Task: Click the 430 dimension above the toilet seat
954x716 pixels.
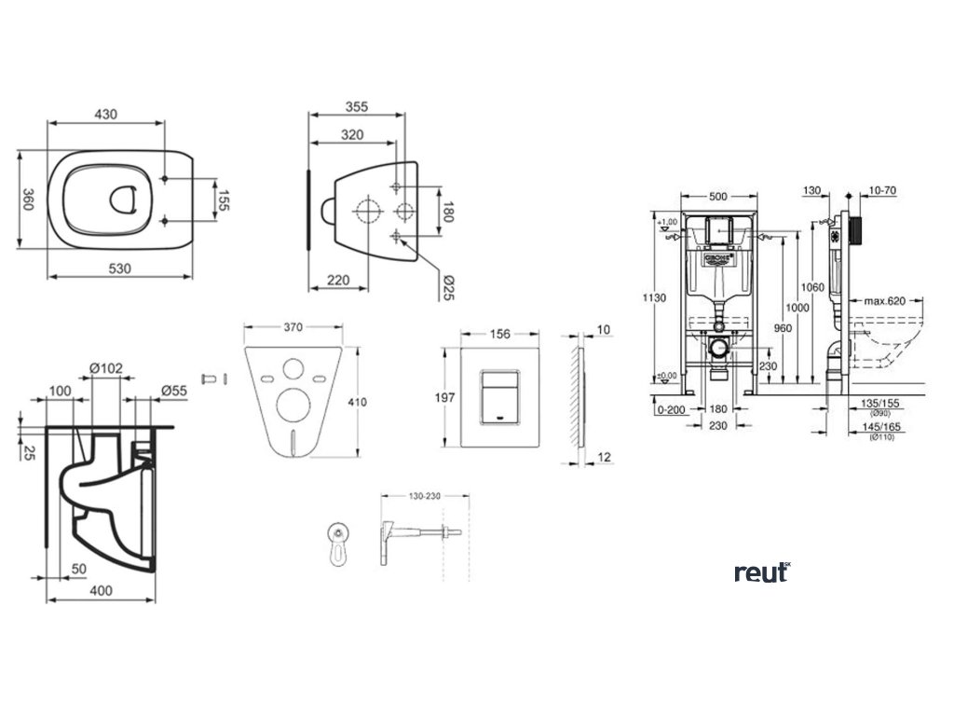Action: (104, 114)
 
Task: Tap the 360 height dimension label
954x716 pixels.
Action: (29, 200)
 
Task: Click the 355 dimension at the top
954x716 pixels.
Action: (355, 107)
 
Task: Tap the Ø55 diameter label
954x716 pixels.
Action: (175, 391)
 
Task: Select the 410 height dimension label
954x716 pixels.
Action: (370, 402)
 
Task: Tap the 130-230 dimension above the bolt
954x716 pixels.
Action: (422, 497)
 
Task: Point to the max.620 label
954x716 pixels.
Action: (883, 301)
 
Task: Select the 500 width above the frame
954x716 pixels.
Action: (717, 197)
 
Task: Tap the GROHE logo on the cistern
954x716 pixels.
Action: (718, 254)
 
